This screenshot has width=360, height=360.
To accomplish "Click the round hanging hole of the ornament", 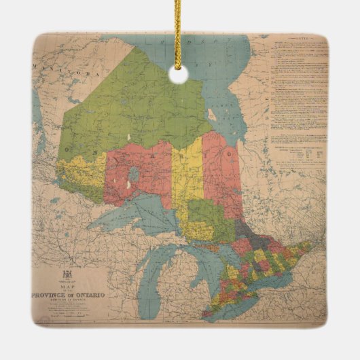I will (179, 75).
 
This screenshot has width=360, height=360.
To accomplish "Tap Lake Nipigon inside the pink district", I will (134, 175).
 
